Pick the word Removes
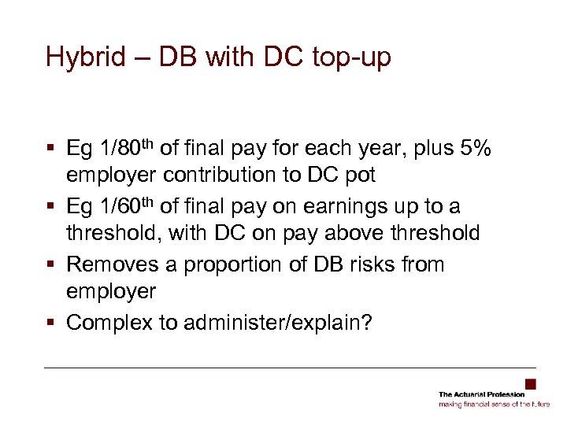click(x=111, y=265)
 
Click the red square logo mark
click(x=531, y=384)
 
